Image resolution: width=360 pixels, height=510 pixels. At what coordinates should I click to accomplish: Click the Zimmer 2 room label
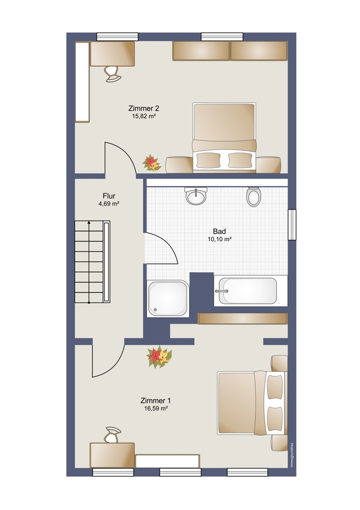coord(143,108)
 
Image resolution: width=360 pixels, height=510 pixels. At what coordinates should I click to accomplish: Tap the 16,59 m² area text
coord(156,409)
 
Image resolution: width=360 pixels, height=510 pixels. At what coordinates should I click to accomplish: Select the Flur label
coord(109,196)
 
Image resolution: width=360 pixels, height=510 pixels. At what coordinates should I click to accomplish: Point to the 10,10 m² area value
coord(219,239)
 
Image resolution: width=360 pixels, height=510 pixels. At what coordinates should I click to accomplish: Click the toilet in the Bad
coord(253,196)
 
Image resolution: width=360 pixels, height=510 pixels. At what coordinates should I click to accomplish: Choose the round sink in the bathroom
coord(196,196)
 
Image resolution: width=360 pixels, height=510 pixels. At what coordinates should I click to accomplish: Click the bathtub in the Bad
coord(251,291)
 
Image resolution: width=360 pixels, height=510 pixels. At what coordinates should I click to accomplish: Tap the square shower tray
coord(168,298)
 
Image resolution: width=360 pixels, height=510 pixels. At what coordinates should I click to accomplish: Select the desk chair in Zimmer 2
coord(113,74)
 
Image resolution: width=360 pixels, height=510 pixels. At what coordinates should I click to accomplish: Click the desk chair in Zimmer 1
coord(113,435)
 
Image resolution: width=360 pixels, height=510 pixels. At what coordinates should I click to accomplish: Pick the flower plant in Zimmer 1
coord(159,357)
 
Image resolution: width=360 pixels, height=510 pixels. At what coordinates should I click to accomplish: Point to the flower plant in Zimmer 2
coord(151,163)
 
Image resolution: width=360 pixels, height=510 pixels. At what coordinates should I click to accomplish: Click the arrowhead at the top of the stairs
coord(89,223)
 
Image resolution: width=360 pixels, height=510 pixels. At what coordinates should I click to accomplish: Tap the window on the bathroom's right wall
coord(292,225)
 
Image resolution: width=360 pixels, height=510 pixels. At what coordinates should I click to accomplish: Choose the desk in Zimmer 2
coord(112,54)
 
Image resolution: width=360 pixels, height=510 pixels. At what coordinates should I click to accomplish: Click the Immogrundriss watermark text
coord(292,455)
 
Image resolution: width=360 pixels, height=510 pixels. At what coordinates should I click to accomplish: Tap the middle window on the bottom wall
coord(180,472)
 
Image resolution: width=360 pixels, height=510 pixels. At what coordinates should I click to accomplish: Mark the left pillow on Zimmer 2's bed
coord(209,160)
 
